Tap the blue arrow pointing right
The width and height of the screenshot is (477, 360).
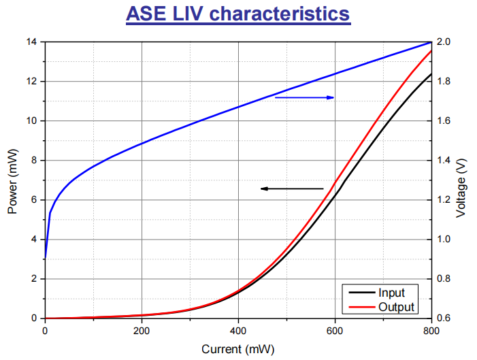point(304,98)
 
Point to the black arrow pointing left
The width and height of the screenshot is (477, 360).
point(292,189)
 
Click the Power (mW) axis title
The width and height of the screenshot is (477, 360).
point(12,180)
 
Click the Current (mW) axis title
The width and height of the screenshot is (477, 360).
point(237,349)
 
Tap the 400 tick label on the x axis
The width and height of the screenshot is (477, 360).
point(238,331)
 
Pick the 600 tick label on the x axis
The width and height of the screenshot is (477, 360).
point(335,331)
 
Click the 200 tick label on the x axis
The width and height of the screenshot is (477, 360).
point(142,331)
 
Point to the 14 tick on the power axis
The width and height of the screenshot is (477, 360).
point(32,42)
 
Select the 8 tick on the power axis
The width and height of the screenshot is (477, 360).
point(35,161)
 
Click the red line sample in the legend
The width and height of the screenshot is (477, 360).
point(359,308)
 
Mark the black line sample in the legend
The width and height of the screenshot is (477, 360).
point(359,293)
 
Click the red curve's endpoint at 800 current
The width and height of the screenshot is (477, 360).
point(431,51)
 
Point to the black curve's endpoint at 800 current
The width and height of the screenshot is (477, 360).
point(431,73)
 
